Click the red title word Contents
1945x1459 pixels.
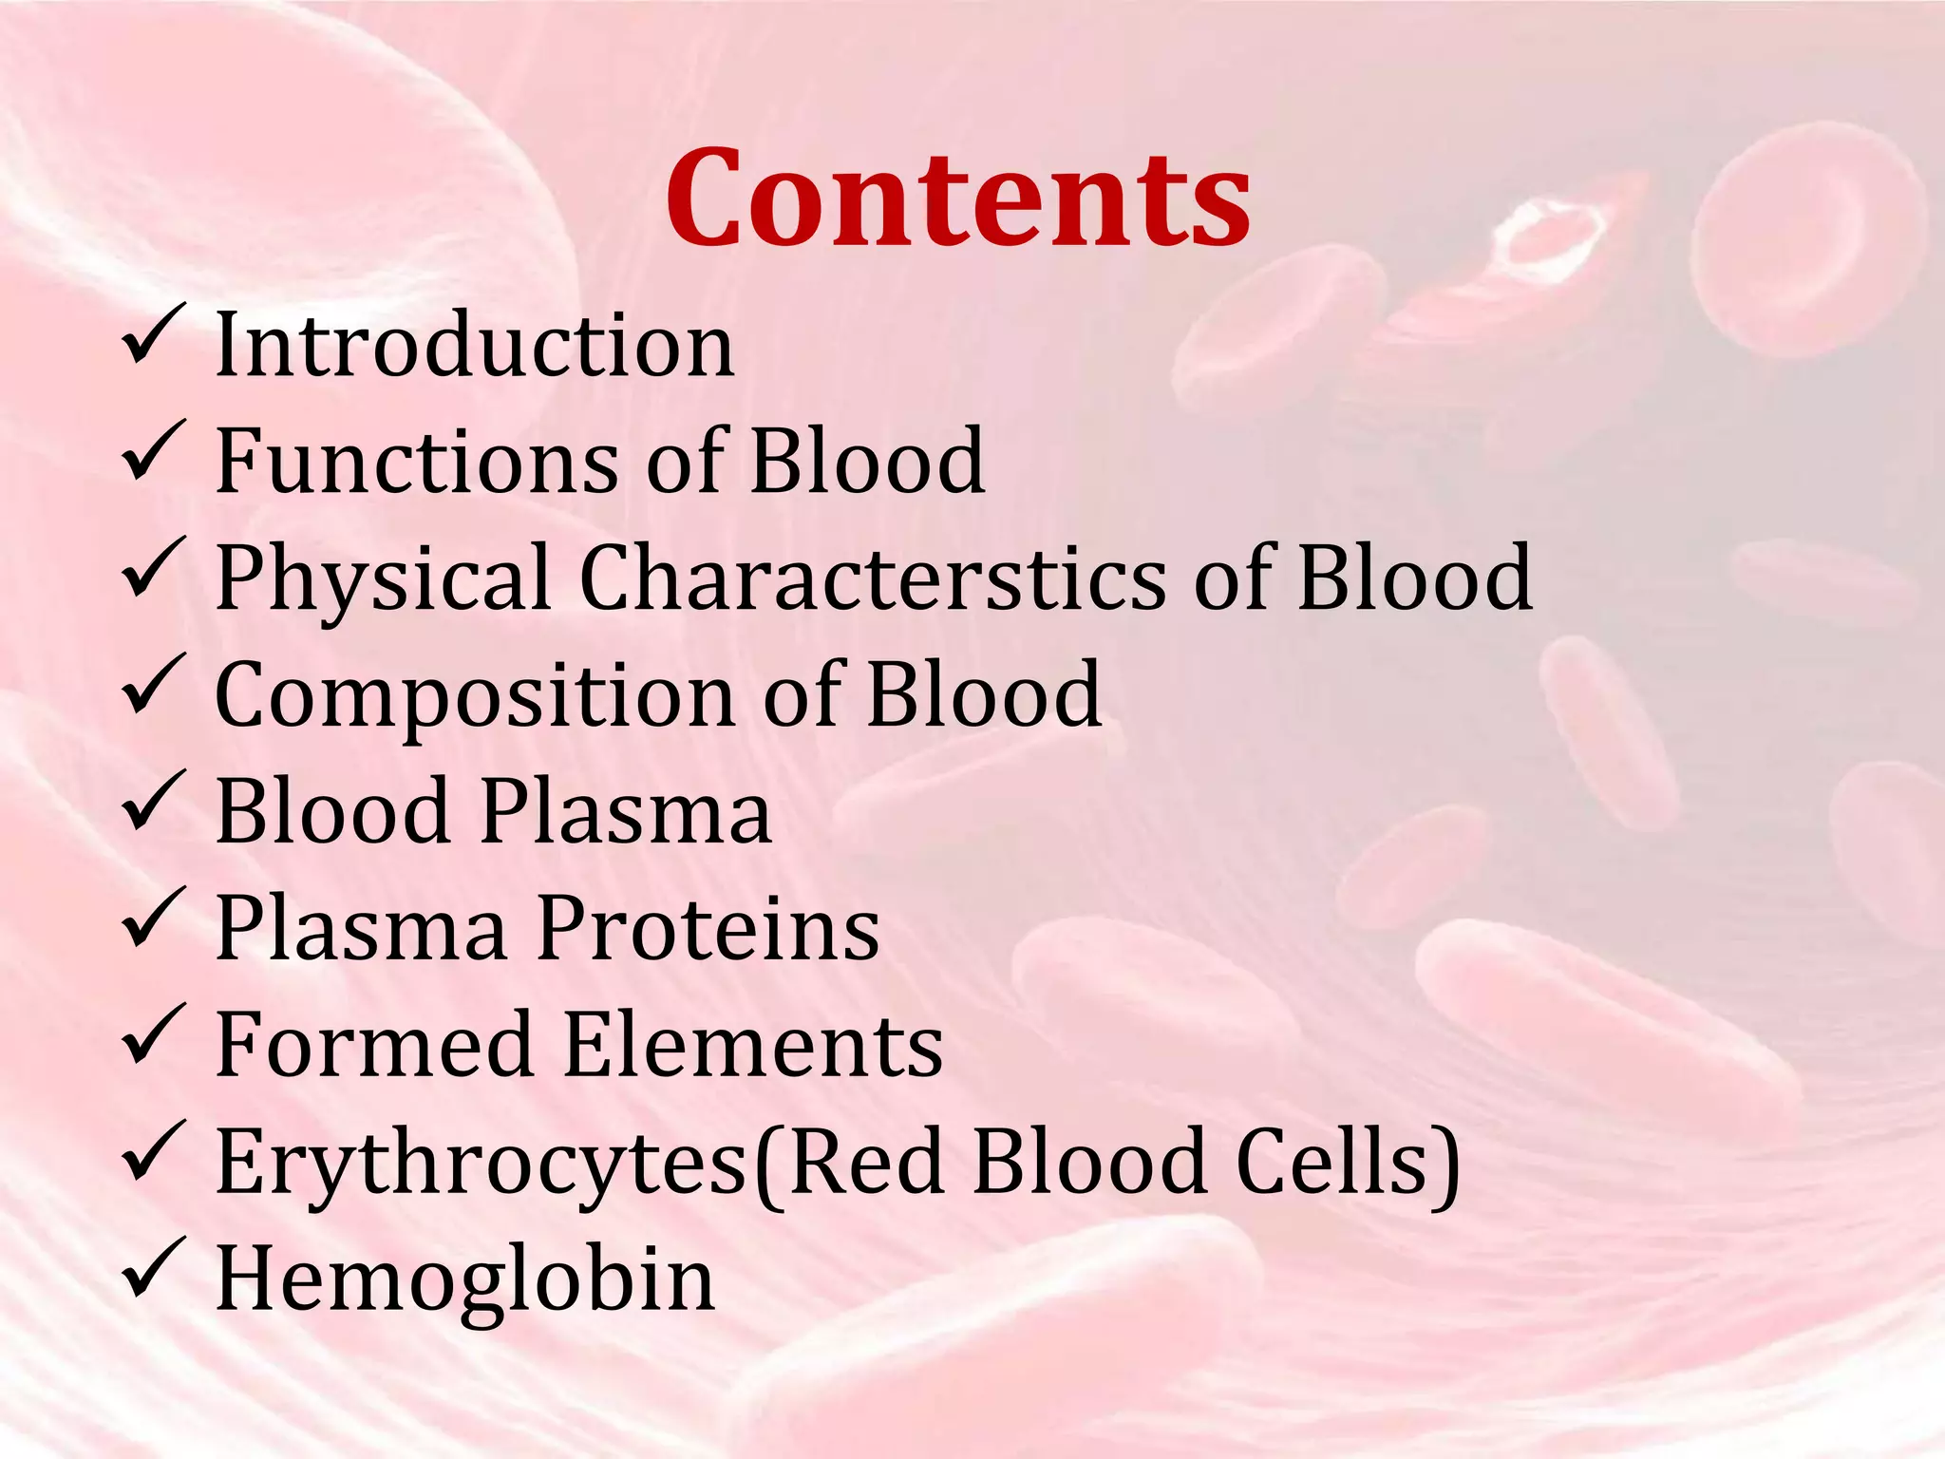(957, 199)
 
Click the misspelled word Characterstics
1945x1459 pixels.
(872, 578)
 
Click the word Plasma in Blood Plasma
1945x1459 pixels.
(626, 812)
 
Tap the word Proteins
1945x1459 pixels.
(708, 929)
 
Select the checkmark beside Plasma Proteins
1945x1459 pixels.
(152, 919)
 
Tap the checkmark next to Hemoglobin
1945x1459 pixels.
(152, 1269)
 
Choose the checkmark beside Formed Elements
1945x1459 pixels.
(152, 1035)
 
